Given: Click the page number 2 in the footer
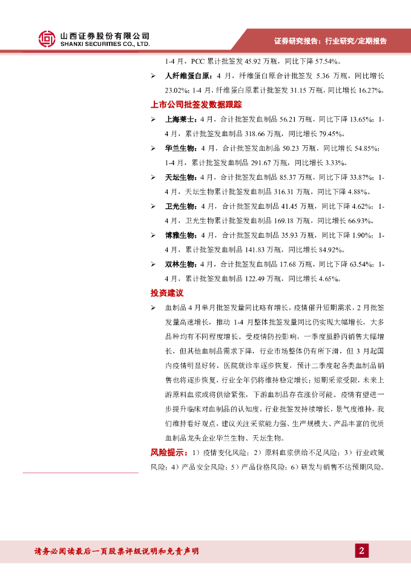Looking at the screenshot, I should click(x=362, y=551).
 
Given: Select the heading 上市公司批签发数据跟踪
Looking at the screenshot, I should click(x=196, y=104).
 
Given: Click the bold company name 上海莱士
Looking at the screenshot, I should click(x=181, y=120).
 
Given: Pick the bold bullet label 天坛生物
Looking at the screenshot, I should click(x=181, y=178).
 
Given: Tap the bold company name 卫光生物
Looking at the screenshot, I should click(x=181, y=207).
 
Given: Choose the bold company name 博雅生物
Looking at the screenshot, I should click(x=181, y=235).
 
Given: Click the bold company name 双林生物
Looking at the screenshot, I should click(x=181, y=264).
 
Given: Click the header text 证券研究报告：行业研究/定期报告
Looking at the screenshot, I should click(x=330, y=41).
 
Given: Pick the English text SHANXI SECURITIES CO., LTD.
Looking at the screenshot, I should click(x=105, y=44).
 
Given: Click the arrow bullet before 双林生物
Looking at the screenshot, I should click(x=153, y=264).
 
